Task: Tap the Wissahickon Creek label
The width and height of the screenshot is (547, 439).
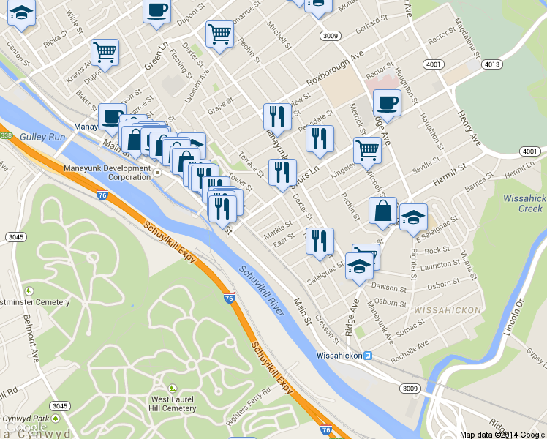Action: [x=524, y=203]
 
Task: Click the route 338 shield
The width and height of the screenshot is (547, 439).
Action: [x=6, y=135]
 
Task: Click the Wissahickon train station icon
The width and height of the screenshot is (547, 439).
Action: [x=369, y=356]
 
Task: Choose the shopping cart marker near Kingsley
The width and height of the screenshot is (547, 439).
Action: [x=367, y=150]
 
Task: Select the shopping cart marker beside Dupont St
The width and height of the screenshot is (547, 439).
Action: [x=105, y=52]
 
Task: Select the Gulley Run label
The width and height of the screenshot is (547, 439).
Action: [x=44, y=137]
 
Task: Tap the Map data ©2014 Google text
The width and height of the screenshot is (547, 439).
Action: [x=502, y=434]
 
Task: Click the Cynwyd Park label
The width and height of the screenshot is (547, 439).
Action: [x=20, y=419]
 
